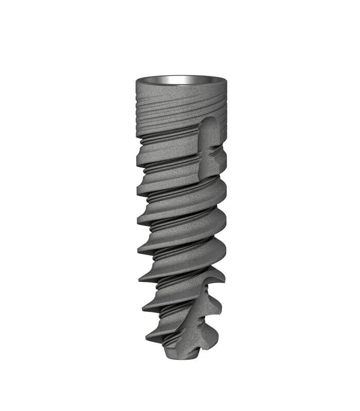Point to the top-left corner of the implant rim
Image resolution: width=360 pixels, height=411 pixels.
coord(137,81)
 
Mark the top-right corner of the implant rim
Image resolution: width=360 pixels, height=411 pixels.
coord(225,80)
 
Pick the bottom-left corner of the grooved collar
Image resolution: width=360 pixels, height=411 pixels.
coord(137,136)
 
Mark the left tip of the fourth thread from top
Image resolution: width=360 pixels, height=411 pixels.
coord(138,250)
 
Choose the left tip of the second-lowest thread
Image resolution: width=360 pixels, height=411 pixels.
coord(143,308)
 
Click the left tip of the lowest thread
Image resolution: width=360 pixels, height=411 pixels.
coord(147,339)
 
